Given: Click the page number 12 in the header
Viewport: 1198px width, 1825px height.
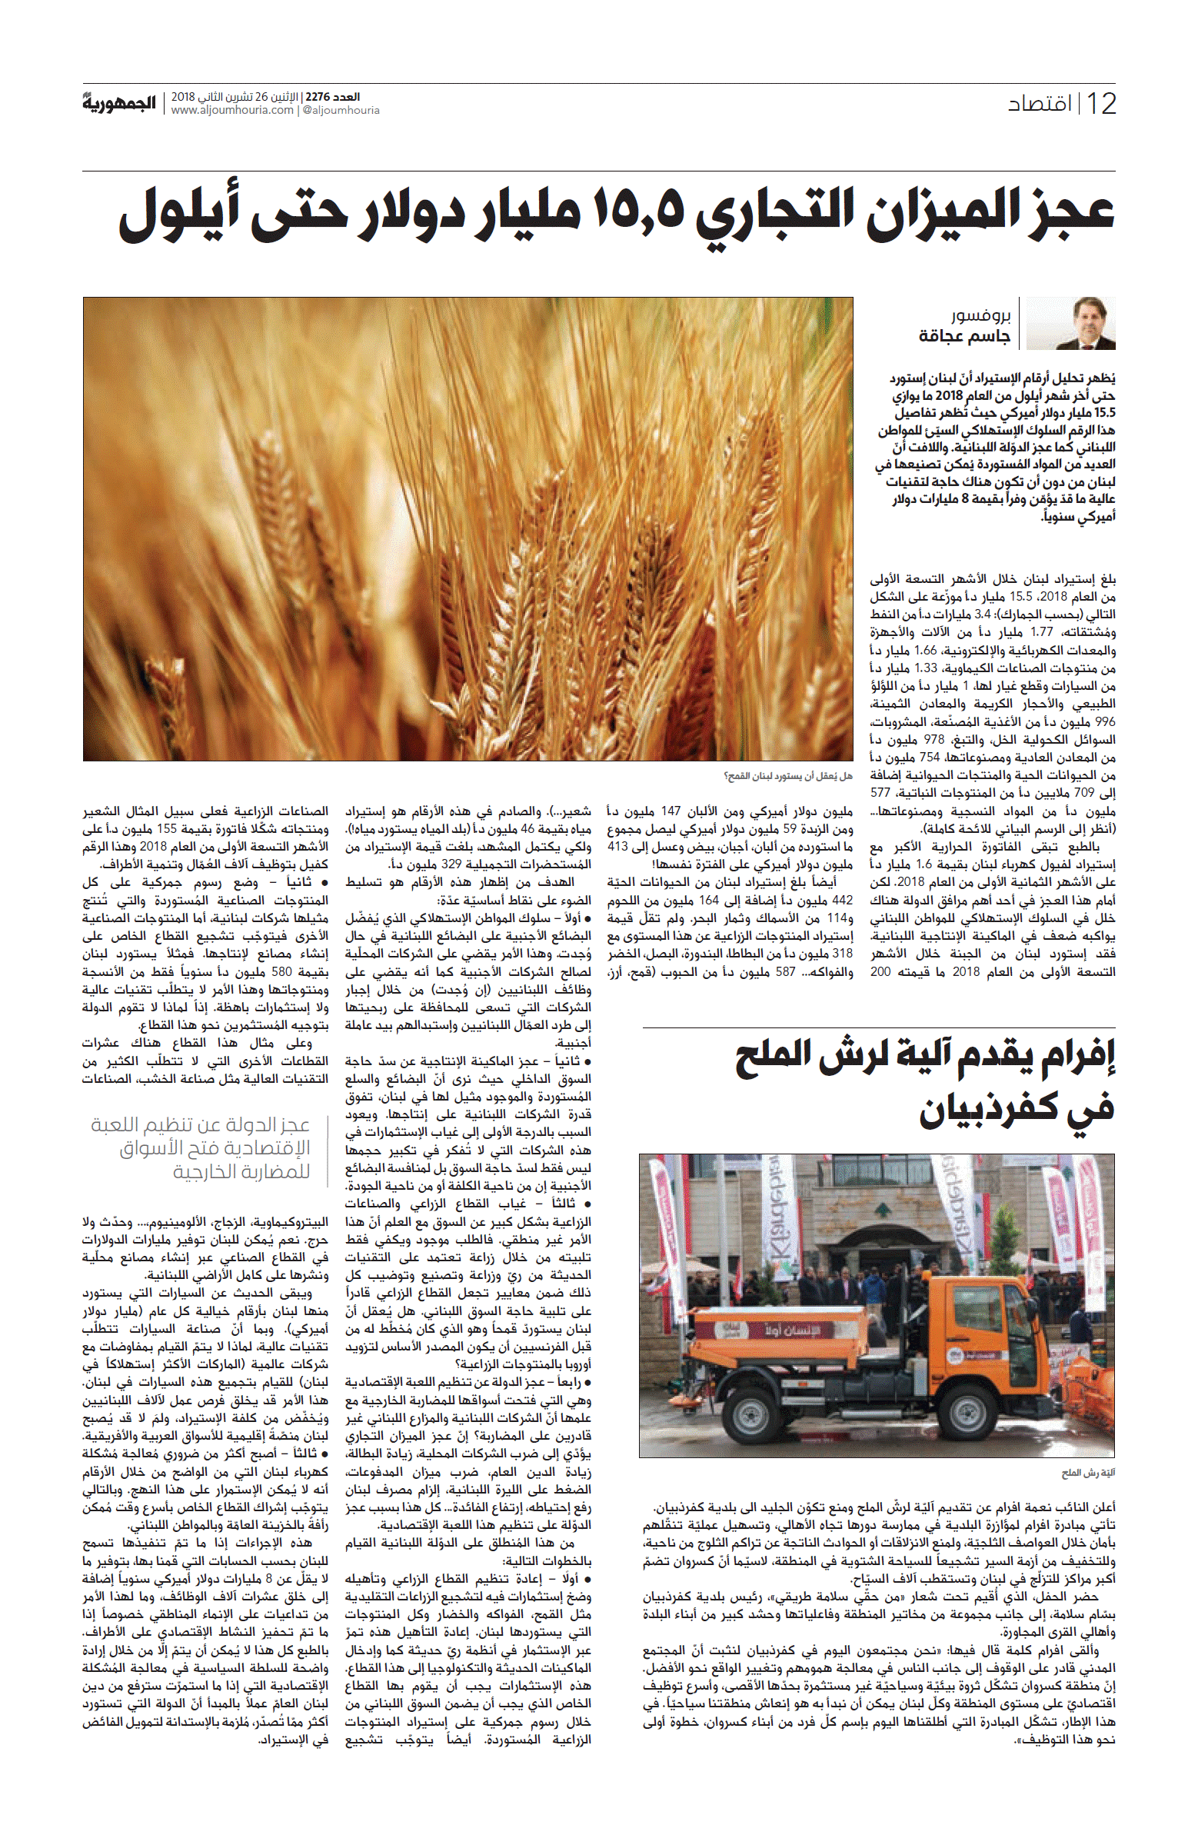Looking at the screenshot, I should point(1101,104).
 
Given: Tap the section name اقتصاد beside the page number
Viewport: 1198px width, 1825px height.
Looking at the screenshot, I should point(1040,104).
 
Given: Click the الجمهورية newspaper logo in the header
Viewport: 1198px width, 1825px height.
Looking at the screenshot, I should point(119,102).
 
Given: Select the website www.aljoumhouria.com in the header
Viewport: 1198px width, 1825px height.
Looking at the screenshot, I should point(232,110).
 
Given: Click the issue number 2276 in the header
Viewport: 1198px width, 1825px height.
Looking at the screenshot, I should point(317,97).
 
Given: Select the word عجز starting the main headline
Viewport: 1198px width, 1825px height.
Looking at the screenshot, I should point(1065,211).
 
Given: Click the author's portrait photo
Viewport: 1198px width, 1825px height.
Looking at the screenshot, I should point(1071,324).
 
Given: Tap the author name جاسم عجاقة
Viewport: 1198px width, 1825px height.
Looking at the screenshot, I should point(964,336).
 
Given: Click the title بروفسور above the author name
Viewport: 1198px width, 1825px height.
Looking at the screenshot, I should point(980,316).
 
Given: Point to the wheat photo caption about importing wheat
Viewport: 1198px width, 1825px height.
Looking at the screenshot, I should point(787,776).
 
